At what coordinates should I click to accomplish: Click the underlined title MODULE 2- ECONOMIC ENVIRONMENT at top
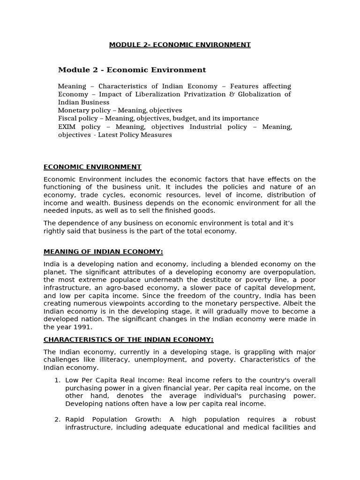[180, 45]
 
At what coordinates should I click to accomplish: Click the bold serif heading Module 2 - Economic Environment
[132, 70]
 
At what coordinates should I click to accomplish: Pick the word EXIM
[67, 127]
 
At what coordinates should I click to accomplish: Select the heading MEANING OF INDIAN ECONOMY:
[103, 252]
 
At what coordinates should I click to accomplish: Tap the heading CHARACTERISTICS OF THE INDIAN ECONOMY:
[128, 339]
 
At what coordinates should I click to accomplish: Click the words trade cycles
[100, 195]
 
